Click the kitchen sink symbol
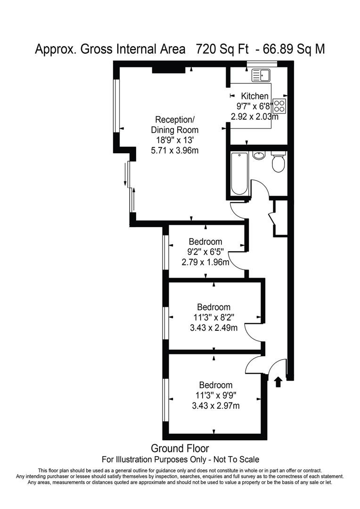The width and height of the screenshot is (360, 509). point(260,75)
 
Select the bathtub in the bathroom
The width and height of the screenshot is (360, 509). point(239,173)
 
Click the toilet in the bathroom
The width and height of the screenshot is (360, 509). point(278,163)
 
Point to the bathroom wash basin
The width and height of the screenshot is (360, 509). point(258,155)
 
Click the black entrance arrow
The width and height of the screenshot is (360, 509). point(278,381)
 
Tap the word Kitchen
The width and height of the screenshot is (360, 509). point(254,96)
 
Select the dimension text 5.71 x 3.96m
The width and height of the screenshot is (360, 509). point(174,150)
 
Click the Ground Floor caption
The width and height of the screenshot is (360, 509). point(180,448)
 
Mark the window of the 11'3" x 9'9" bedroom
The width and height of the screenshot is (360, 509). point(165,400)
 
